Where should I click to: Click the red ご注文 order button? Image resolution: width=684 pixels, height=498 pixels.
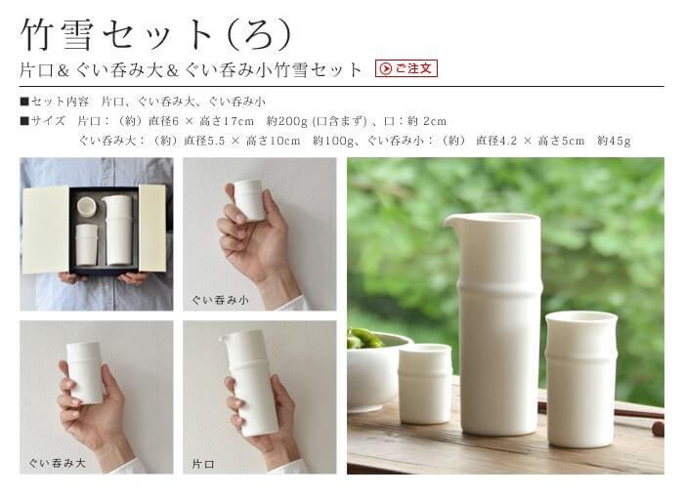click(x=406, y=68)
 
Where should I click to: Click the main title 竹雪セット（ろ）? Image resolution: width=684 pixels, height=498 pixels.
click(x=156, y=33)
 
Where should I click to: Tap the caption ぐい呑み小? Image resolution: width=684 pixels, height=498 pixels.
click(x=220, y=300)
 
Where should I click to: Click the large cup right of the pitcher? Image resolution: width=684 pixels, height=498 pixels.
click(x=580, y=376)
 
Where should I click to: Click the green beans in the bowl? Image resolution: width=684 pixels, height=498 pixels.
click(x=363, y=339)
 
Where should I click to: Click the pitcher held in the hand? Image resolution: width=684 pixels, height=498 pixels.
click(x=252, y=381)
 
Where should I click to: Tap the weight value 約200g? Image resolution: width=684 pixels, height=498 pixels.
click(x=286, y=121)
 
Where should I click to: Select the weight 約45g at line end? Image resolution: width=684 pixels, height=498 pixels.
click(x=614, y=141)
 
